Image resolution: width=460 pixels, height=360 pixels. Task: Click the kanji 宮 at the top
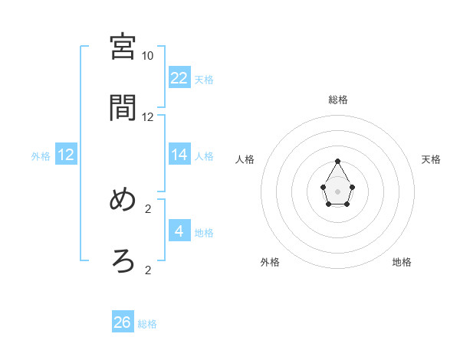click(123, 47)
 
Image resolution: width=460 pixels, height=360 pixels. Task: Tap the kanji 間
click(123, 108)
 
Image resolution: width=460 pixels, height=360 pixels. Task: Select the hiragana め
click(123, 200)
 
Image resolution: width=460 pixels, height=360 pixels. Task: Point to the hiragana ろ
click(123, 261)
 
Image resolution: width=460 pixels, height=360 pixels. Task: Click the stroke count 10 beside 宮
click(148, 56)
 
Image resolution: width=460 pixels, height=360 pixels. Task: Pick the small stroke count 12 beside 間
click(148, 117)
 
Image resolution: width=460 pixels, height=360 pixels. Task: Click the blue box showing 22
click(179, 77)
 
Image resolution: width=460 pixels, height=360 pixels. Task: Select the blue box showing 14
click(179, 154)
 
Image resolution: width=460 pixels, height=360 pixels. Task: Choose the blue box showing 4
click(179, 231)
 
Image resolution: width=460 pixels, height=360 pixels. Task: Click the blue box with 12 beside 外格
click(66, 154)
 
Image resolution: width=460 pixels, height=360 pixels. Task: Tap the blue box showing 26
click(123, 322)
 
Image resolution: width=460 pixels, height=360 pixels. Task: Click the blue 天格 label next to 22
click(204, 79)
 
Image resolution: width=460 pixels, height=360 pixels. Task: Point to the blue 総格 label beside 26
click(147, 324)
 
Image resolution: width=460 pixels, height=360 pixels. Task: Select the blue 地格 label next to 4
click(204, 232)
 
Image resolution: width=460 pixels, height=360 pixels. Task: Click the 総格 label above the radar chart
click(338, 100)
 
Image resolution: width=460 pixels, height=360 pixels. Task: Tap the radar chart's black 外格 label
click(270, 262)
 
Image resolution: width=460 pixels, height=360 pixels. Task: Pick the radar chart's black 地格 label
click(402, 262)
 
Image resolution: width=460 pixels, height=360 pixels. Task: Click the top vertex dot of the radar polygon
click(338, 161)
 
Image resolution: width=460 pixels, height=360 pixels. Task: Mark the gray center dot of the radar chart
click(338, 191)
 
